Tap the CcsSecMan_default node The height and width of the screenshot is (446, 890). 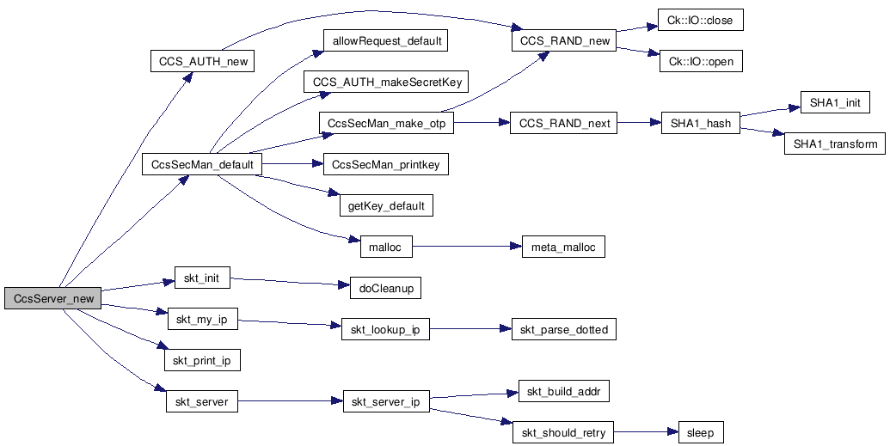point(202,164)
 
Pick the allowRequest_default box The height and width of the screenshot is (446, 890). point(385,40)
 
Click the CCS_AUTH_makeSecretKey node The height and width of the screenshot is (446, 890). point(387,82)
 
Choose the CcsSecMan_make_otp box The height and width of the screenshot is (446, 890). point(386,123)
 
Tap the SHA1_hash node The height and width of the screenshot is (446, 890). point(700,123)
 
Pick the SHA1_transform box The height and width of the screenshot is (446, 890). point(834,144)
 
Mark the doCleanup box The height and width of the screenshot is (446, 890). point(385,288)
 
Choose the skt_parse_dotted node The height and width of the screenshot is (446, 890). point(564,330)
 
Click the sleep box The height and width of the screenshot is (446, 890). point(701,432)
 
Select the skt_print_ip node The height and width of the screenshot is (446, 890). point(201,360)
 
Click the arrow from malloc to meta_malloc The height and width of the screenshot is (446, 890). point(468,247)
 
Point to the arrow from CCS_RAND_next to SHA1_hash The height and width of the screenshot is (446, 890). point(639,123)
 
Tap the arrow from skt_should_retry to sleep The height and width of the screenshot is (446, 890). point(646,432)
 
